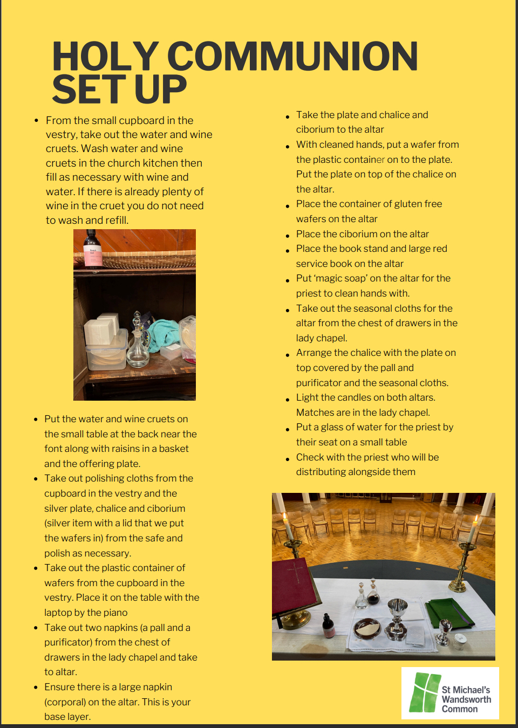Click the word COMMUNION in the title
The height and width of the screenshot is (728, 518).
(x=293, y=57)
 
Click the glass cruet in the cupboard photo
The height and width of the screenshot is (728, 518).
(x=138, y=342)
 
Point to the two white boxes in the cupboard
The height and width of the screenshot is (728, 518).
(x=103, y=328)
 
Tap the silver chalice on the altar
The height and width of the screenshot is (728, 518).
(x=398, y=615)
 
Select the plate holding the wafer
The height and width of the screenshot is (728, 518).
(x=367, y=627)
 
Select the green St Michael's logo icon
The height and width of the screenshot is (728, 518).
(x=424, y=692)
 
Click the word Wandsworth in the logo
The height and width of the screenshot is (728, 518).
(x=466, y=699)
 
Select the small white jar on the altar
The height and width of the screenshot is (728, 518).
(x=460, y=640)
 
